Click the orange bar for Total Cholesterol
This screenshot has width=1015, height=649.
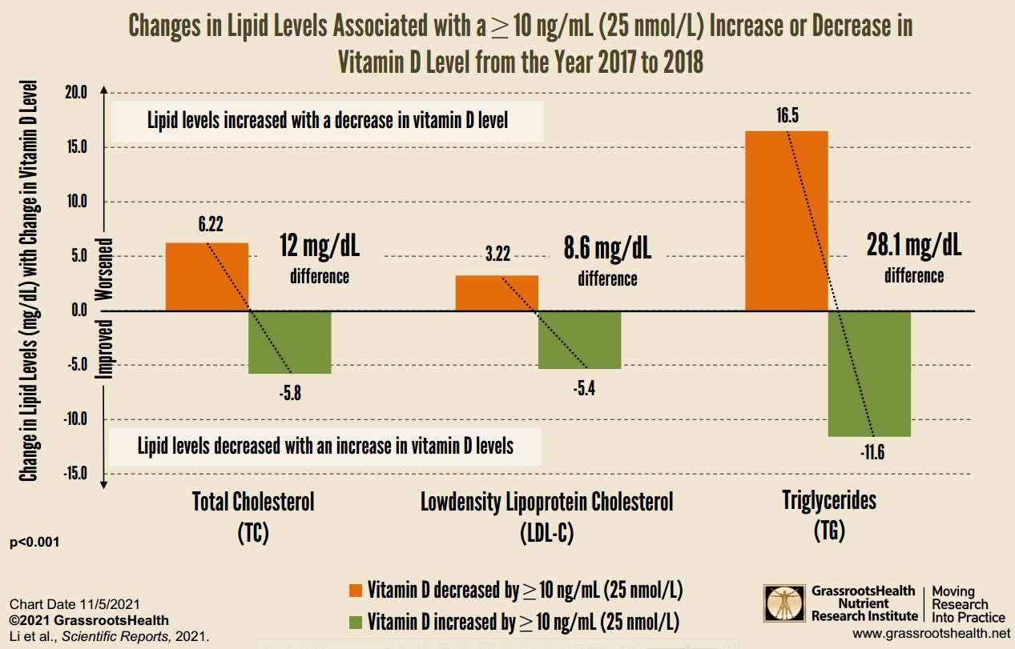pyautogui.click(x=207, y=276)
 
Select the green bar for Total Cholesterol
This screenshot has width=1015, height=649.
pyautogui.click(x=290, y=342)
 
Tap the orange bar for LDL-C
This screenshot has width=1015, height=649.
pyautogui.click(x=497, y=292)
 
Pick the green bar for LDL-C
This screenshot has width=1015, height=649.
pyautogui.click(x=579, y=339)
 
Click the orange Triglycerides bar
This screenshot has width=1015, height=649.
pyautogui.click(x=786, y=220)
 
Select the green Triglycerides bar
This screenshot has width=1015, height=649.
pyautogui.click(x=869, y=373)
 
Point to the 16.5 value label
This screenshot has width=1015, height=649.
pyautogui.click(x=787, y=116)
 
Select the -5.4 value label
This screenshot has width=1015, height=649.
pyautogui.click(x=580, y=390)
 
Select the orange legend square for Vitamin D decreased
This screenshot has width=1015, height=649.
pyautogui.click(x=356, y=591)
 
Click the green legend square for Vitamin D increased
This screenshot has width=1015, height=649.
pyautogui.click(x=356, y=622)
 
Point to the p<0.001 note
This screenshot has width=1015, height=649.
pyautogui.click(x=34, y=543)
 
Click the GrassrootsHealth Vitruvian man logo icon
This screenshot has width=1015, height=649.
pyautogui.click(x=783, y=604)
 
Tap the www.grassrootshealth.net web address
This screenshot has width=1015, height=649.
pyautogui.click(x=927, y=633)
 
